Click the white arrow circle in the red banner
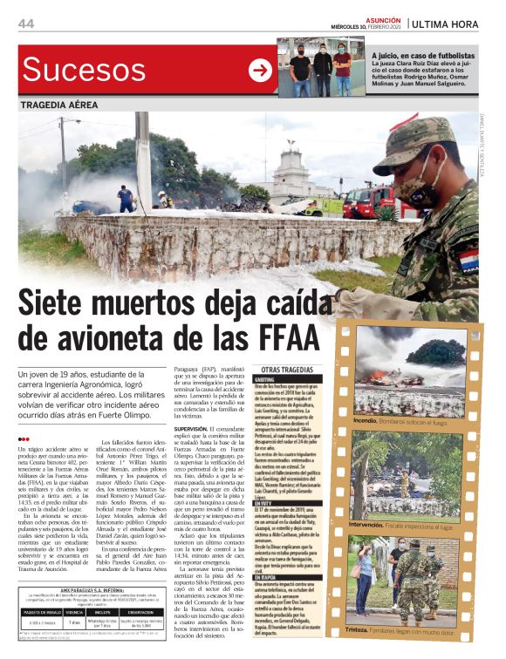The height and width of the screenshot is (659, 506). (260, 71)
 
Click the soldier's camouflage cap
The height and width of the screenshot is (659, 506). (411, 139)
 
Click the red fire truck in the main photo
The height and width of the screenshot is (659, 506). (366, 202)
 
